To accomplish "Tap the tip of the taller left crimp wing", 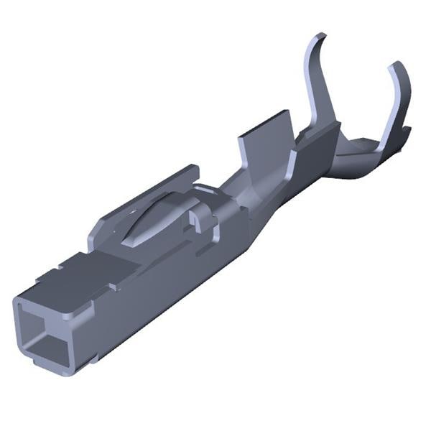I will (319, 37).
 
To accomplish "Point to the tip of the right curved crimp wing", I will (395, 65).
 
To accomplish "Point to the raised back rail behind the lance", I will (144, 198).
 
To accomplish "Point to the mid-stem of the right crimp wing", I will (391, 108).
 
